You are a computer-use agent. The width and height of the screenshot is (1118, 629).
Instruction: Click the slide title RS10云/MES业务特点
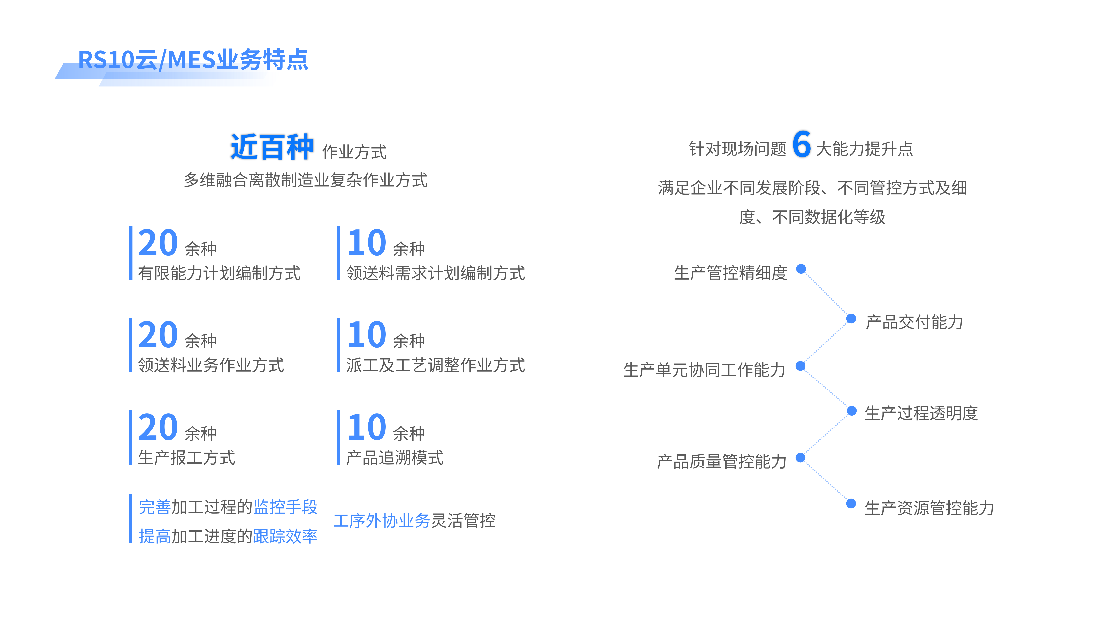tap(193, 60)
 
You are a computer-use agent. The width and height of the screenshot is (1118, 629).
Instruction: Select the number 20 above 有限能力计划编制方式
tap(158, 243)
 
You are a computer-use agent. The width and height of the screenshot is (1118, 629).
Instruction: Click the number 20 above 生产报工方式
tap(158, 427)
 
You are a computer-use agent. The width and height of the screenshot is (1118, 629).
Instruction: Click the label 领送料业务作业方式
tap(211, 365)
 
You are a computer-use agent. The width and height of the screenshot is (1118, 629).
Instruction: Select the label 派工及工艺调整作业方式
tap(435, 365)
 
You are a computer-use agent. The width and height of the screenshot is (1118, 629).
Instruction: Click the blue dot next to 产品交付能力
tap(851, 319)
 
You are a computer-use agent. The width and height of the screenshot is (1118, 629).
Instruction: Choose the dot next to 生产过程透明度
tap(851, 411)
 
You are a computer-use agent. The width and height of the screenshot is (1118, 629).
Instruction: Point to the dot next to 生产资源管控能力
tap(851, 503)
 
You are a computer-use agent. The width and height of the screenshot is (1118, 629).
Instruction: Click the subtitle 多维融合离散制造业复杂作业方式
tap(306, 180)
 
